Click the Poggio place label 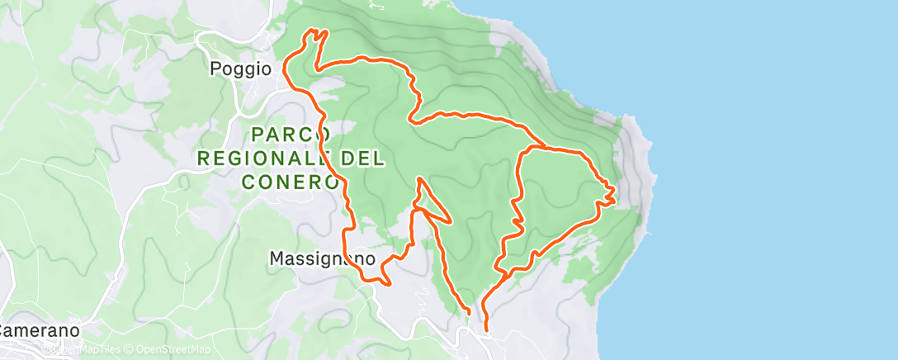click(240, 69)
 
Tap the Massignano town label click(323, 258)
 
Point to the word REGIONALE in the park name click(264, 157)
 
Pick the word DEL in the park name click(359, 157)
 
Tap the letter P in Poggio click(215, 69)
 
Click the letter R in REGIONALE click(202, 157)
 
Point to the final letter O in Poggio click(266, 69)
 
